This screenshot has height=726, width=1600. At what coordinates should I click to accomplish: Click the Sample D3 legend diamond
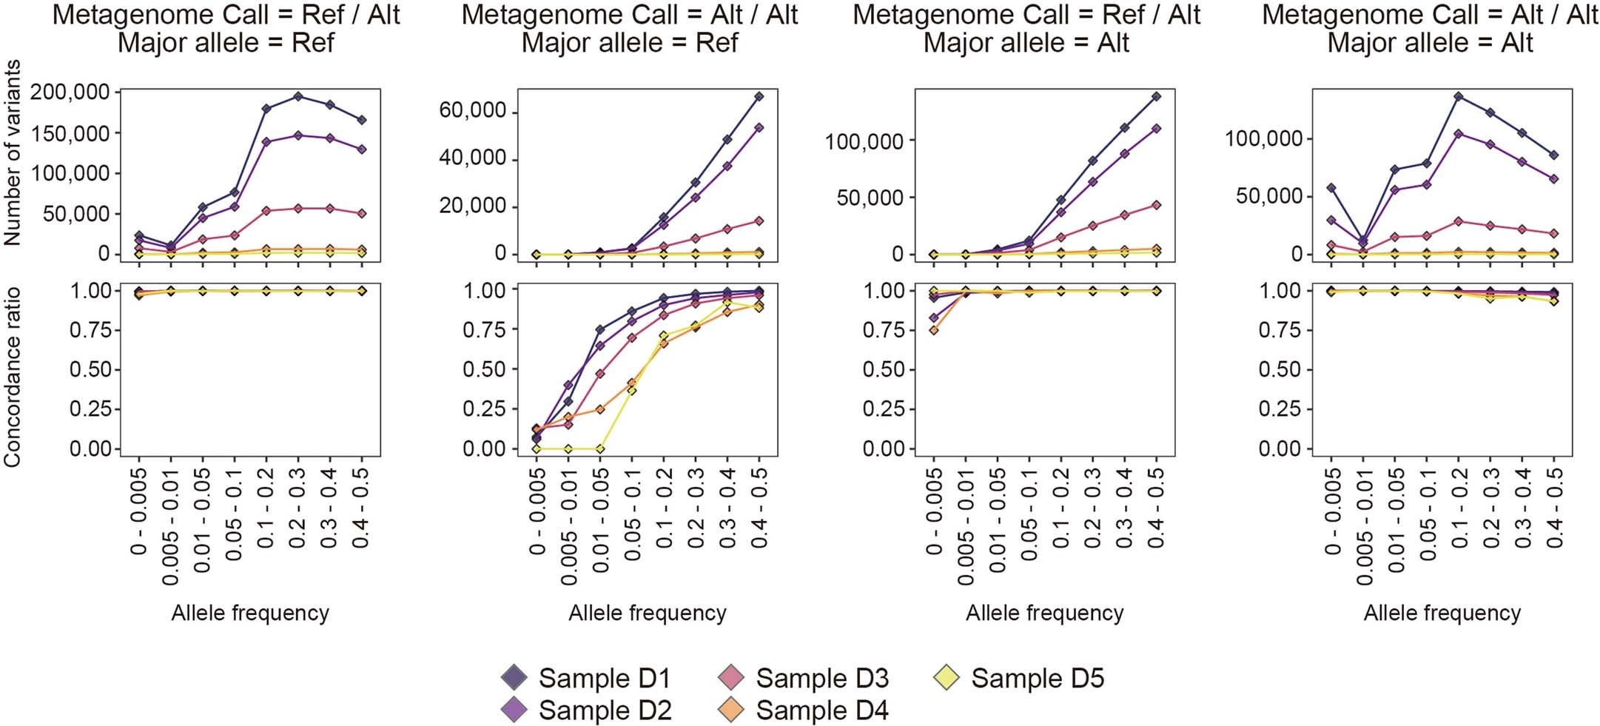click(x=731, y=678)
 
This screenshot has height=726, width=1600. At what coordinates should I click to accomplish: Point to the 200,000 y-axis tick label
click(x=70, y=93)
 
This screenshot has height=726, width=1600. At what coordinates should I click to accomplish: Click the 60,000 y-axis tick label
click(x=473, y=111)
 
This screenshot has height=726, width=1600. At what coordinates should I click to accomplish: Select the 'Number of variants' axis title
click(x=13, y=152)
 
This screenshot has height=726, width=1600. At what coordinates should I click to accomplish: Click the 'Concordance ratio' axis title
click(x=13, y=377)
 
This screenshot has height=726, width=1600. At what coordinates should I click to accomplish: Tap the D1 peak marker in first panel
click(x=298, y=96)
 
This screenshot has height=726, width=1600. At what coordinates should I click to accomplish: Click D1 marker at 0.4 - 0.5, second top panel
click(x=759, y=96)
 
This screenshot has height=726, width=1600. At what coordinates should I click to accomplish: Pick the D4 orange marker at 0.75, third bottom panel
click(x=934, y=330)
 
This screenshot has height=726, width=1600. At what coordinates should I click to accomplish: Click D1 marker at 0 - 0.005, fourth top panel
click(x=1331, y=188)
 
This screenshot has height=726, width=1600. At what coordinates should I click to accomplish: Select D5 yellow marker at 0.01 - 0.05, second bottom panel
click(x=600, y=448)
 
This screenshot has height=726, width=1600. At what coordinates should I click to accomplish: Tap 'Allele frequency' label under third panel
click(x=1044, y=613)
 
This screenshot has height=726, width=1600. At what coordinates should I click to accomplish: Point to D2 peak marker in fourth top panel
click(x=1459, y=134)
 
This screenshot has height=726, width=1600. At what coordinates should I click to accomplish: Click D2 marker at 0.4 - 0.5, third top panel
click(x=1156, y=129)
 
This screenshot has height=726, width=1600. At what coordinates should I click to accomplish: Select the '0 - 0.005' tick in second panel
click(x=537, y=511)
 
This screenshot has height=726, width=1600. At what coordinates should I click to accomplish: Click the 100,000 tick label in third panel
click(x=864, y=141)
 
